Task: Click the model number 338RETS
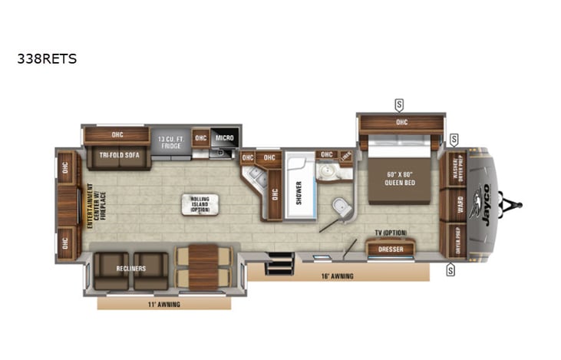[47, 58]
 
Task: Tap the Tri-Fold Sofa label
[118, 154]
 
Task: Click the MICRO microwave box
[224, 138]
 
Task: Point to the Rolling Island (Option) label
[200, 204]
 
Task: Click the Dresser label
[391, 249]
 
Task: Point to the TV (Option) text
[391, 233]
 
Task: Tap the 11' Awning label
[164, 303]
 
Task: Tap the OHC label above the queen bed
[401, 122]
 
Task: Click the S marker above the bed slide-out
[399, 104]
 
